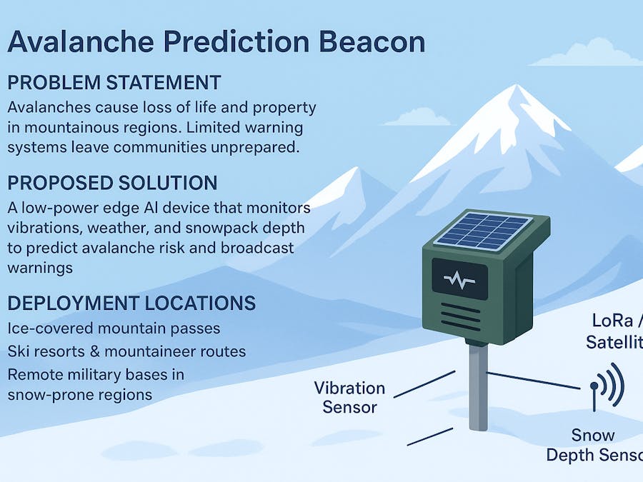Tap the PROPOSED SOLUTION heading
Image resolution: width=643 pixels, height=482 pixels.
pyautogui.click(x=112, y=182)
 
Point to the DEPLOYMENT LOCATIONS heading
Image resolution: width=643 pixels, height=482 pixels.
pyautogui.click(x=131, y=303)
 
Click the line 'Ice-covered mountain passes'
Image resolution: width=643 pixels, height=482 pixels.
pyautogui.click(x=114, y=328)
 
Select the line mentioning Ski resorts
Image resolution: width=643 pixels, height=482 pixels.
pyautogui.click(x=126, y=352)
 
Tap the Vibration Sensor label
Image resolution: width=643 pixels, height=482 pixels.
pyautogui.click(x=350, y=398)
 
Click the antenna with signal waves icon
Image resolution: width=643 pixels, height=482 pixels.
pyautogui.click(x=604, y=386)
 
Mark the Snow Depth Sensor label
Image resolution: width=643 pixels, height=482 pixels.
pyautogui.click(x=592, y=445)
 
